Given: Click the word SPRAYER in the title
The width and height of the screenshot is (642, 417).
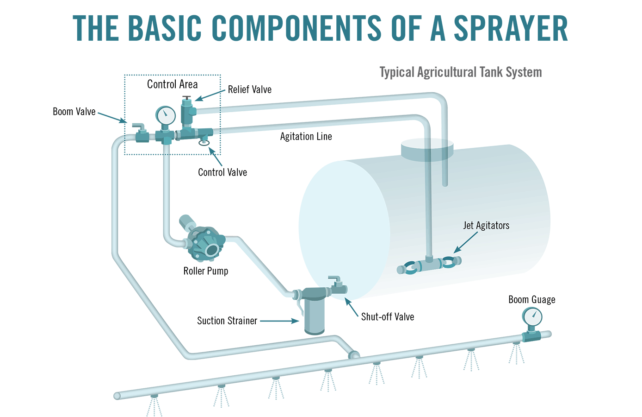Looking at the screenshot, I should click(511, 28).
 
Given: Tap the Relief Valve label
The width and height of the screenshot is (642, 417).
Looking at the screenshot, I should click(249, 89).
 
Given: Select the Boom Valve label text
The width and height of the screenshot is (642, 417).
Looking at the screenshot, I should click(74, 112).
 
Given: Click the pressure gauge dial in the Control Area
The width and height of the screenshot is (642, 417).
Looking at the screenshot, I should click(166, 115).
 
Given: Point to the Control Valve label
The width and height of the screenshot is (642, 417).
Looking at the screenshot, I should click(222, 172).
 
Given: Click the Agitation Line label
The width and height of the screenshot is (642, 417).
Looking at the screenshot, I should click(306, 136).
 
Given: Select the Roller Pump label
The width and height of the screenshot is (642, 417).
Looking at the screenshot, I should click(206, 271).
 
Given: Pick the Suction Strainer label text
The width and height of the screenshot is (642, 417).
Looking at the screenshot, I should click(227, 321).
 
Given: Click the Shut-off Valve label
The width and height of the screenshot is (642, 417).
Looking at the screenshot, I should click(388, 317).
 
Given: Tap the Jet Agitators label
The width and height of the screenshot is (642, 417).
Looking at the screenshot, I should click(486, 226).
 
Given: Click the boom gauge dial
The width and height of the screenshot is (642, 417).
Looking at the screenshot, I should click(532, 317).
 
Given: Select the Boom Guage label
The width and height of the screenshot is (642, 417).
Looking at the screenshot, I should click(531, 300).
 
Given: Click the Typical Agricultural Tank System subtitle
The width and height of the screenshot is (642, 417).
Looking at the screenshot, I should click(461, 72).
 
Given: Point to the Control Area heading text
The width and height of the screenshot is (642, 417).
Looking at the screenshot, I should click(172, 84).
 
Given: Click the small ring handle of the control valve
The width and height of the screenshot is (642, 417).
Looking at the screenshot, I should click(204, 143).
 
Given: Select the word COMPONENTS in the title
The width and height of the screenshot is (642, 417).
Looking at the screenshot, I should click(296, 28).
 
